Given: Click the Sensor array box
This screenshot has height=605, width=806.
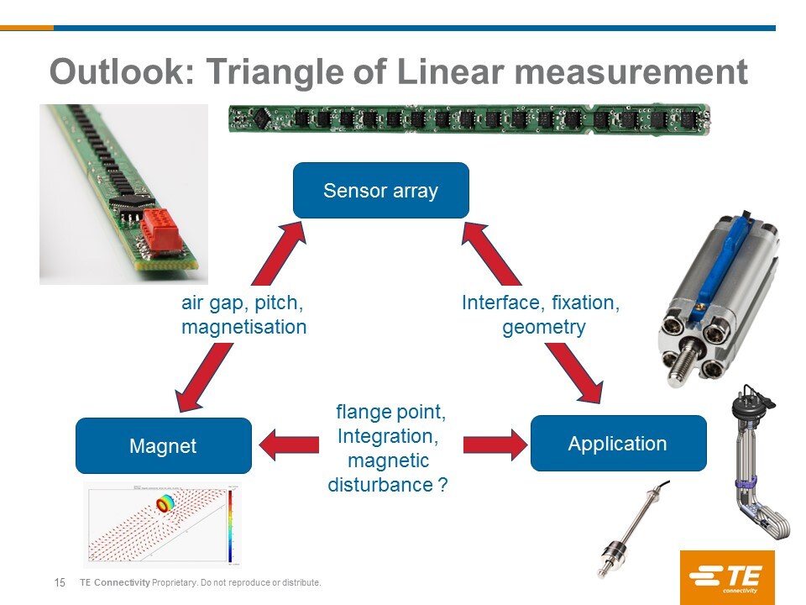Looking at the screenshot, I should coord(380,191).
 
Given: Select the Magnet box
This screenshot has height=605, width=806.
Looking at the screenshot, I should coord(163,445).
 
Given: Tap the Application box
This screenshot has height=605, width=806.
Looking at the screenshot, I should coord(618,443).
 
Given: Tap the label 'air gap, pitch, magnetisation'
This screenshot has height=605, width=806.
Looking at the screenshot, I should coord(243,315).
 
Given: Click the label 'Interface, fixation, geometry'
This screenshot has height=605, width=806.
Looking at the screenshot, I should coord(542,315).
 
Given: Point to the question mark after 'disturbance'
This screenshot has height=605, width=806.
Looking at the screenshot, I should coord(442,485).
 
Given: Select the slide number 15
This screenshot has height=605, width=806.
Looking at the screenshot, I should coord(60,583).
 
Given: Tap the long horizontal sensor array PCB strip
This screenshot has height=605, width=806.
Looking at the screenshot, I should coord(469,119).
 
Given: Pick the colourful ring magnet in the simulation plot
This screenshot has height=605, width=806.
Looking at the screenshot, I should coord(165,503).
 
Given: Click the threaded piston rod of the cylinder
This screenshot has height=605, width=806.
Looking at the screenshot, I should coord(683,361).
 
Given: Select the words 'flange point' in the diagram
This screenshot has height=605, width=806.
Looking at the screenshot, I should coord(391,413).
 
